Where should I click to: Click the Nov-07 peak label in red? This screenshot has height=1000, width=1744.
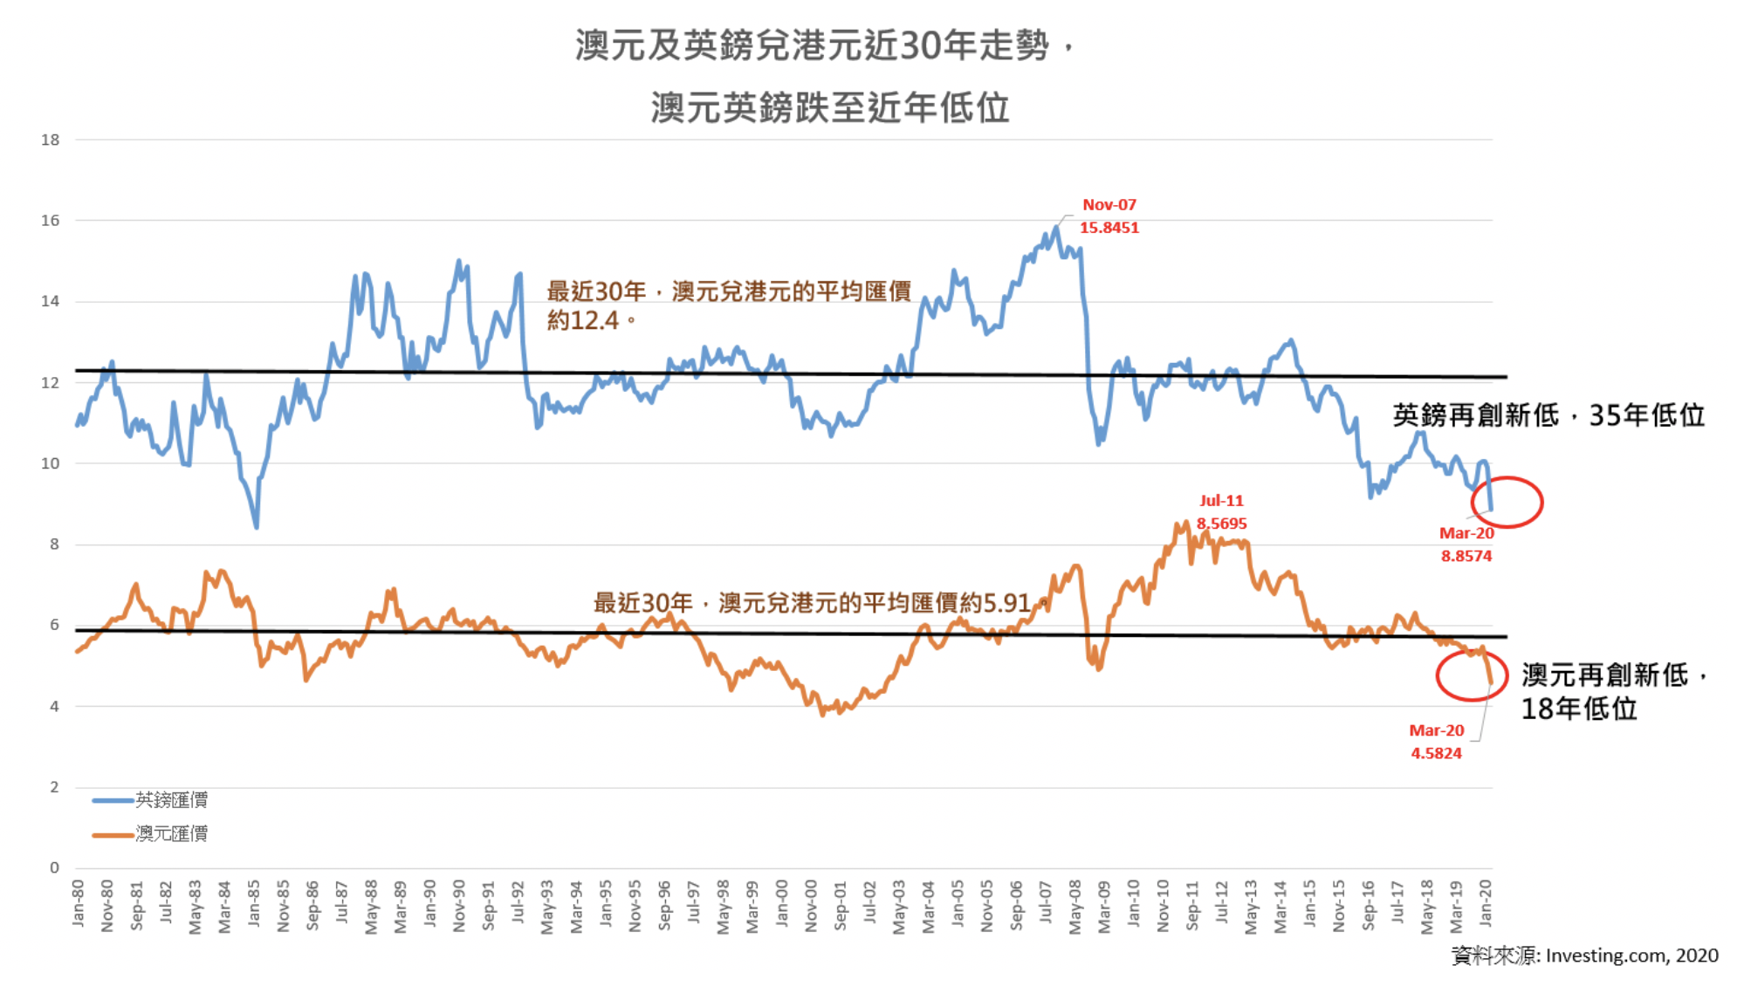1109,205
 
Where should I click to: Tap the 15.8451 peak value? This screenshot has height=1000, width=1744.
1109,228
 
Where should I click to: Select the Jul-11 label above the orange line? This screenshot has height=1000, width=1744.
1221,501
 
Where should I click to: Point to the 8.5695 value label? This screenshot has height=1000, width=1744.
1221,524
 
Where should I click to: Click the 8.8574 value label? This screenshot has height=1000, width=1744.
1466,556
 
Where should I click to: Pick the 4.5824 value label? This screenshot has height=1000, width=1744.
1436,753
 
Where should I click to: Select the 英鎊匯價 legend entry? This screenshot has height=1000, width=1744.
171,799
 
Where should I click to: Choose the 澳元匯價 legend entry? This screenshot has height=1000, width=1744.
171,833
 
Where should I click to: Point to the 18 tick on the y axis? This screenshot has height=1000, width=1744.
51,140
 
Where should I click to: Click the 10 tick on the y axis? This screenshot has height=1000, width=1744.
51,463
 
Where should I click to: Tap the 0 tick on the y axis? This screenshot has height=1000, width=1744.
54,867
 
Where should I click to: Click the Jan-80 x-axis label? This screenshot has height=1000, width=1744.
79,902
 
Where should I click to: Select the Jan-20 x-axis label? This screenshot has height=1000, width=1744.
1486,902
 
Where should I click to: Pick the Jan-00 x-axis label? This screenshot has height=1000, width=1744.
782,902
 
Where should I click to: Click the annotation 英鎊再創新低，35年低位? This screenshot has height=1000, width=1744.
1548,415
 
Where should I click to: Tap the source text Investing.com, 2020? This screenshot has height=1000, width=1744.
1631,955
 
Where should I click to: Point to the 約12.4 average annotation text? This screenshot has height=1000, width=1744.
582,320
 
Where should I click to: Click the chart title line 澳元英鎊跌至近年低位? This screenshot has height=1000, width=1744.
829,108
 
